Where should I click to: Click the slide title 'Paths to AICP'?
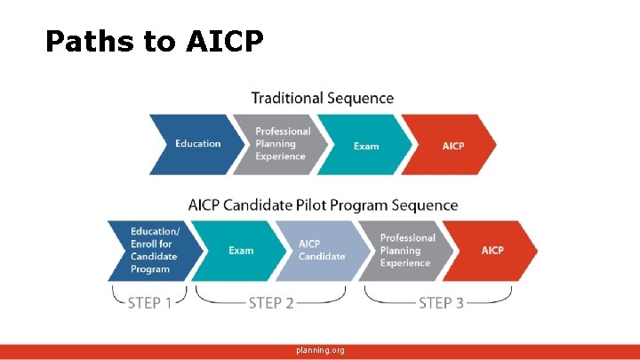pos(154,41)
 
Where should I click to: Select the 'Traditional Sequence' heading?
pos(322,98)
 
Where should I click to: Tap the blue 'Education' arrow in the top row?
pos(196,144)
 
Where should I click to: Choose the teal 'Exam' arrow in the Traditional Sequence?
pos(365,145)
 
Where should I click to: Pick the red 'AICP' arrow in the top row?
pos(452,145)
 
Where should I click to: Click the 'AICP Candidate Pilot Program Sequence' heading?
pos(323,205)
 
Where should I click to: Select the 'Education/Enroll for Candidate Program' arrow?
pos(152,251)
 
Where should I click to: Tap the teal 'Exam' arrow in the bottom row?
pos(240,251)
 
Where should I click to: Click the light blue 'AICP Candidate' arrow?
pos(322,251)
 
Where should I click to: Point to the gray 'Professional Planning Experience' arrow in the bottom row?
pos(406,251)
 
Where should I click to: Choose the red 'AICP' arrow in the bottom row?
pos(492,251)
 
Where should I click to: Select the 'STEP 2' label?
pos(271,303)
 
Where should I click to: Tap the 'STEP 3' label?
pos(441,303)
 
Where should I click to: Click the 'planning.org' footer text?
pos(321,350)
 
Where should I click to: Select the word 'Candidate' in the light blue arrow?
pos(322,257)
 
